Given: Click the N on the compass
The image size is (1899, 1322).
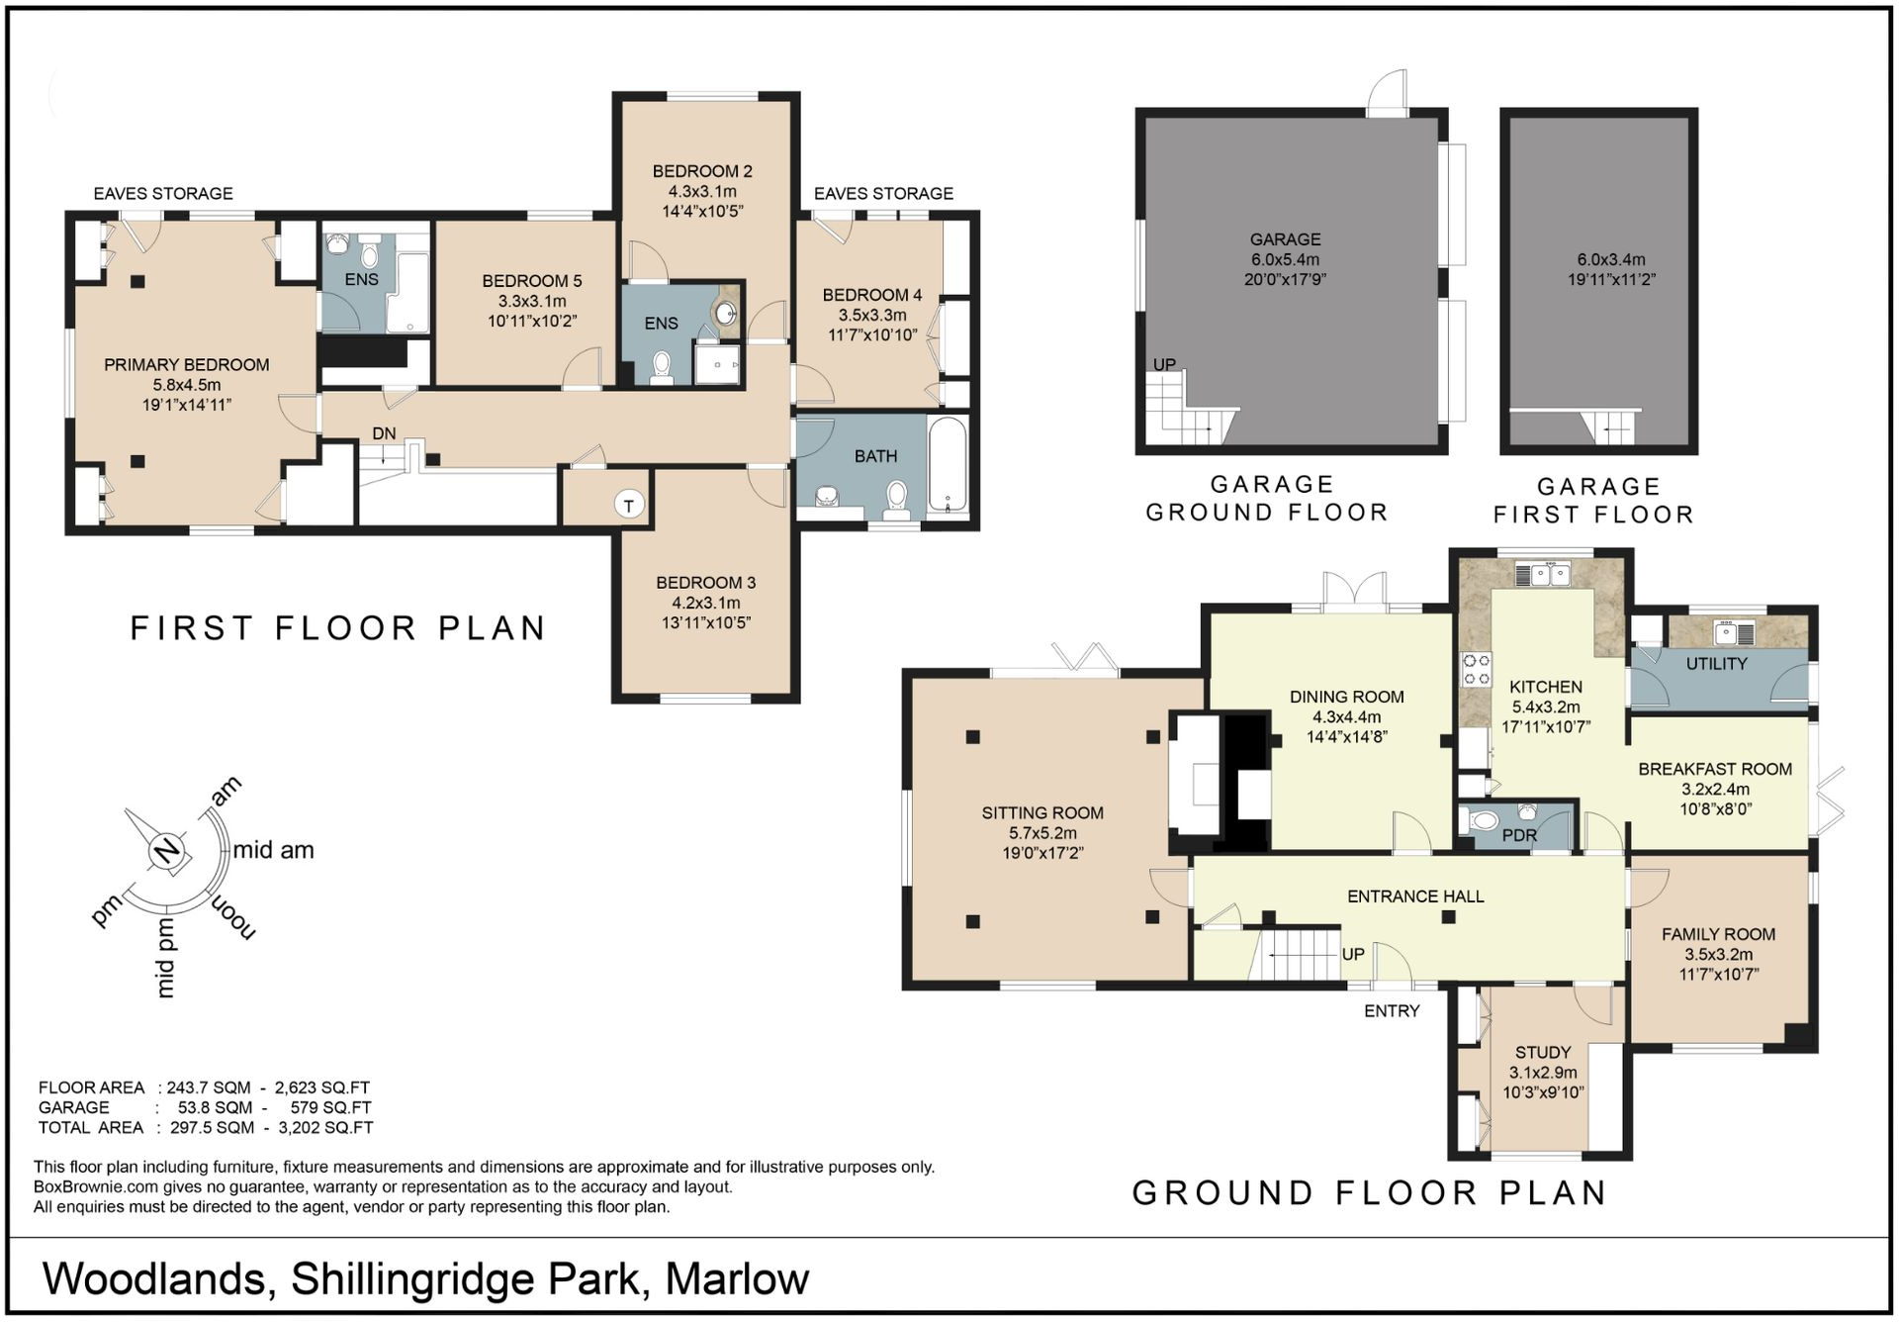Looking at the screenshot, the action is (x=168, y=851).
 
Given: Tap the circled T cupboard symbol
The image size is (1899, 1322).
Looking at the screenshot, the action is (x=629, y=505).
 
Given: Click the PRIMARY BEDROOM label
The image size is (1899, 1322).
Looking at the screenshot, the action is (x=187, y=365).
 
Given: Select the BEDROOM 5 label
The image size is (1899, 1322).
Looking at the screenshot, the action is (x=532, y=281).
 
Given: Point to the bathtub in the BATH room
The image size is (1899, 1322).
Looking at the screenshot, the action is (x=948, y=464).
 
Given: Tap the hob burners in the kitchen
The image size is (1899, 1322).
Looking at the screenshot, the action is (x=1477, y=669).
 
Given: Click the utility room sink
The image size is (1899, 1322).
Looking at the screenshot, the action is (x=1734, y=631).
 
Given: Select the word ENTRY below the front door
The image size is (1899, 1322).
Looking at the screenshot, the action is (x=1392, y=1010).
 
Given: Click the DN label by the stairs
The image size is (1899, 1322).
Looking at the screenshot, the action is (x=384, y=433).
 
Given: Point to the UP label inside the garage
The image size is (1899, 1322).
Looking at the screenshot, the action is (x=1164, y=364).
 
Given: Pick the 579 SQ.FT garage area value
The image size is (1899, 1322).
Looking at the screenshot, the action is (x=330, y=1107).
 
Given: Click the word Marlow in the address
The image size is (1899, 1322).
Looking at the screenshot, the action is (x=737, y=1278).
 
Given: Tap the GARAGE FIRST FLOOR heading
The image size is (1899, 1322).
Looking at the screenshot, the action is (x=1594, y=501).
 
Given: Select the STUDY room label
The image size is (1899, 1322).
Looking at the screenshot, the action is (x=1543, y=1052).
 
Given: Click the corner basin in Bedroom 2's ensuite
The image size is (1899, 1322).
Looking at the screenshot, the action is (x=727, y=313).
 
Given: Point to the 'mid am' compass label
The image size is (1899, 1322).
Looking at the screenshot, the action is (x=273, y=850).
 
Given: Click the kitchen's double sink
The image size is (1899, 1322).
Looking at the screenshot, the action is (x=1543, y=574).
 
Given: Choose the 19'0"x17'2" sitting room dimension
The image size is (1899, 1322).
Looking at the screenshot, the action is (x=1042, y=853).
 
